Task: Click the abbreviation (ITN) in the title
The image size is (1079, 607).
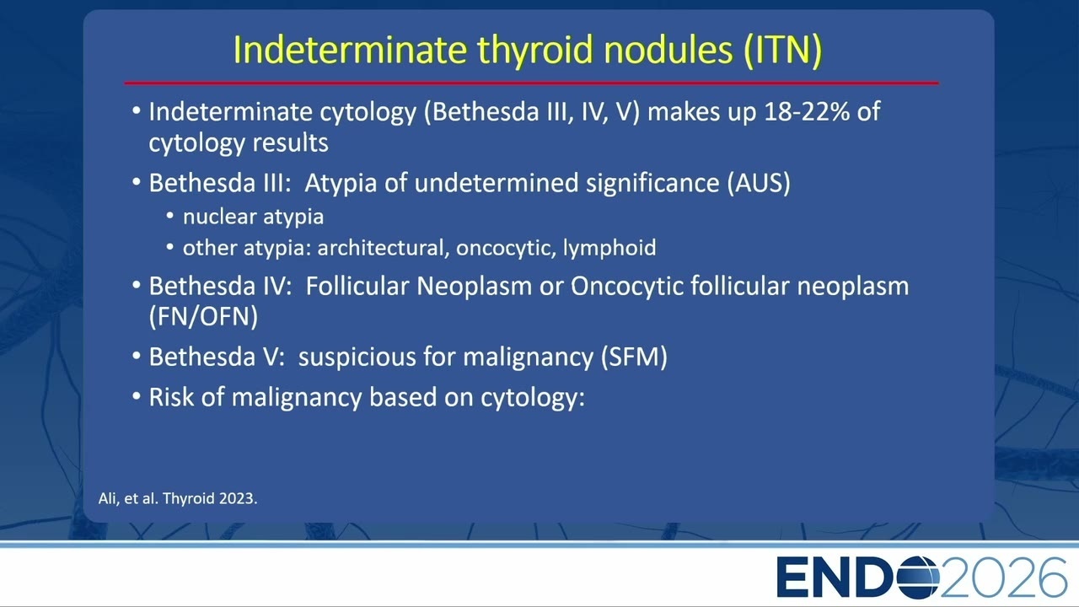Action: (x=782, y=50)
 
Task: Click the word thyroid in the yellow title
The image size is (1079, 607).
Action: (x=534, y=50)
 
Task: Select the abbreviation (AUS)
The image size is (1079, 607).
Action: (x=759, y=184)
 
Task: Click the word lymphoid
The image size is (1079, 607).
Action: (x=609, y=248)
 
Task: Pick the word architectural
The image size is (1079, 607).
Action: (x=380, y=248)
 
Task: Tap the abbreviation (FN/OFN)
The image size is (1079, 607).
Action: (x=203, y=317)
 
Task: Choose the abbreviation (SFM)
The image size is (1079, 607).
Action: (x=634, y=357)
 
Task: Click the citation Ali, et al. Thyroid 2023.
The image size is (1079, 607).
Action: (x=178, y=498)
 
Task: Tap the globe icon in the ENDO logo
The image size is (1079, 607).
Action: (x=918, y=577)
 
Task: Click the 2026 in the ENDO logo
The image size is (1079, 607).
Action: (x=1003, y=577)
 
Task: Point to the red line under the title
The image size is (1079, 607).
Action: (x=531, y=83)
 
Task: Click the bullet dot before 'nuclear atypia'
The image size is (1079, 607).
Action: (x=169, y=217)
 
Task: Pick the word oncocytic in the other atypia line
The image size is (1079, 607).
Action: (x=503, y=248)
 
